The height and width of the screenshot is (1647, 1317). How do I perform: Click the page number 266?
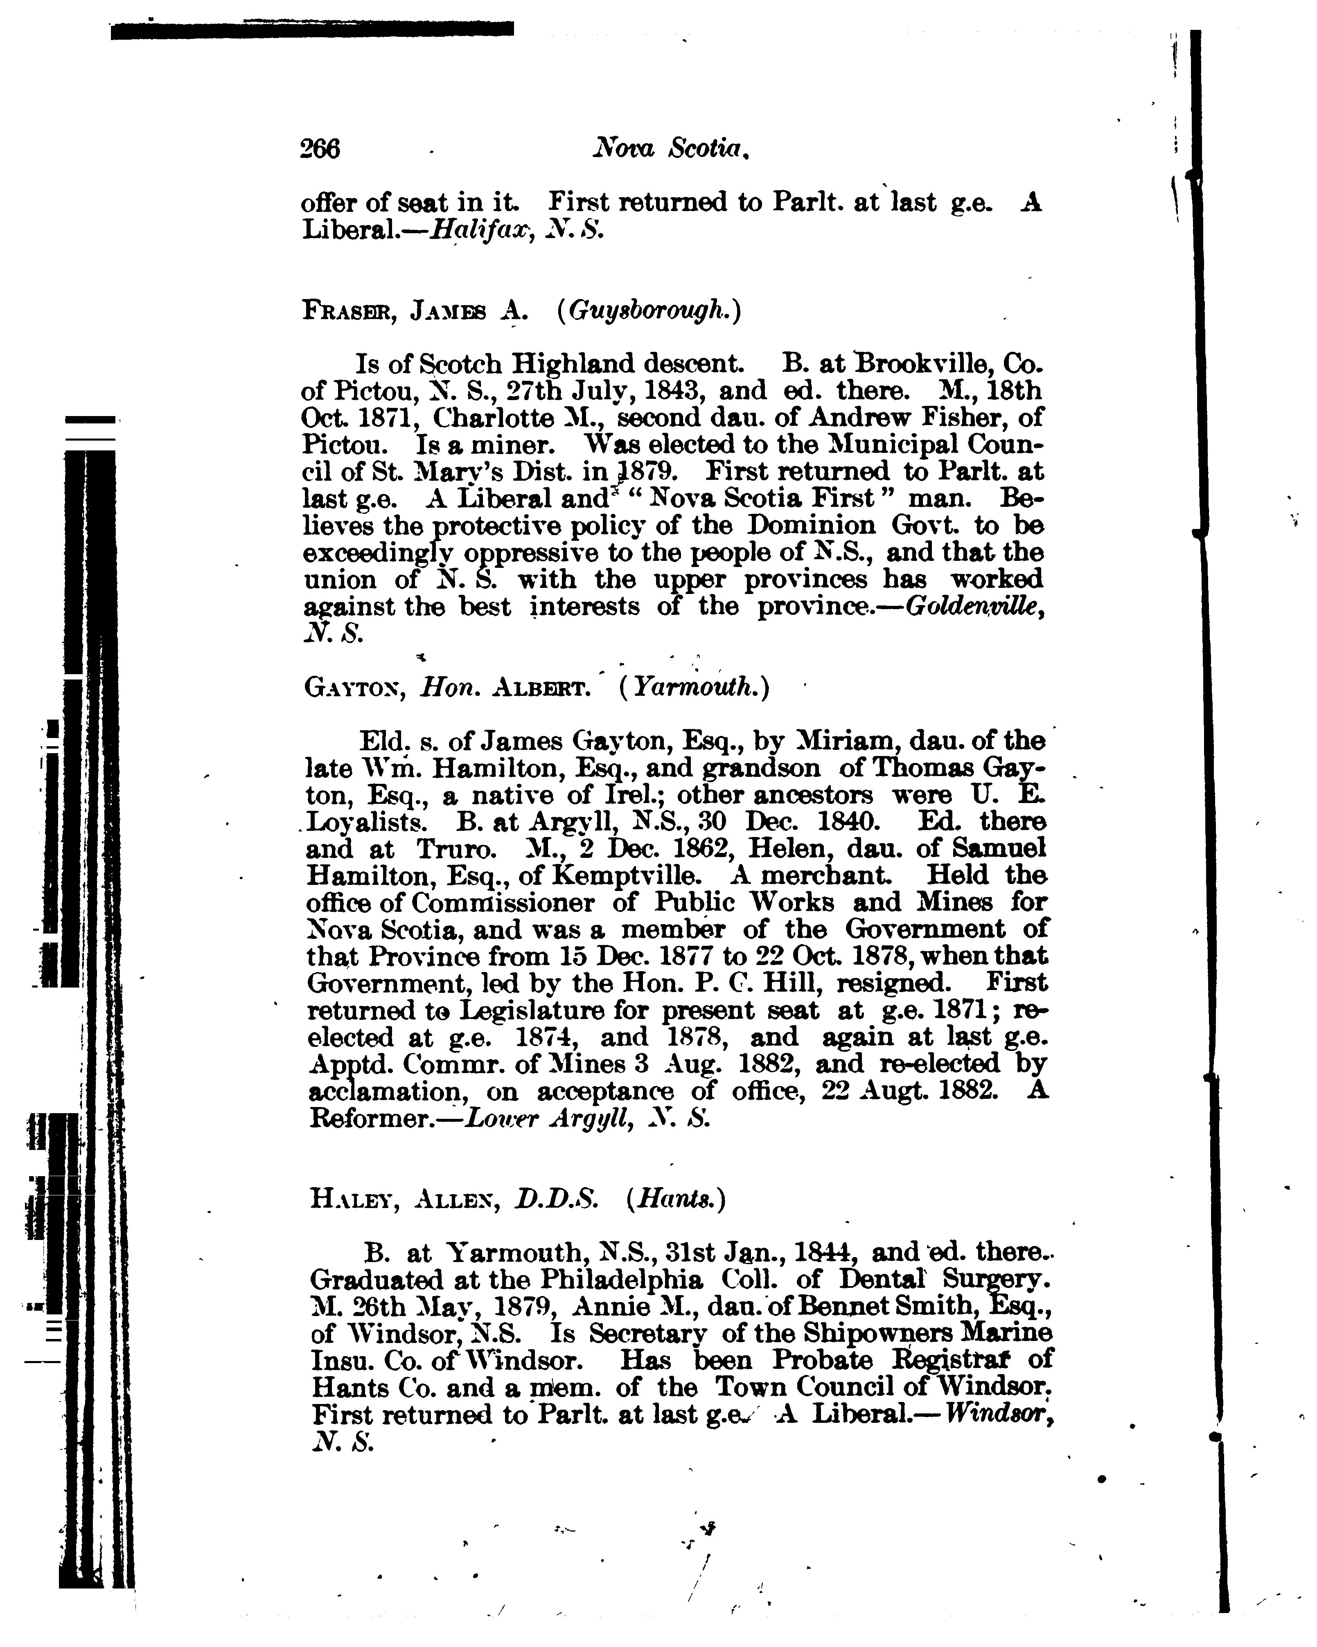tap(320, 148)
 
